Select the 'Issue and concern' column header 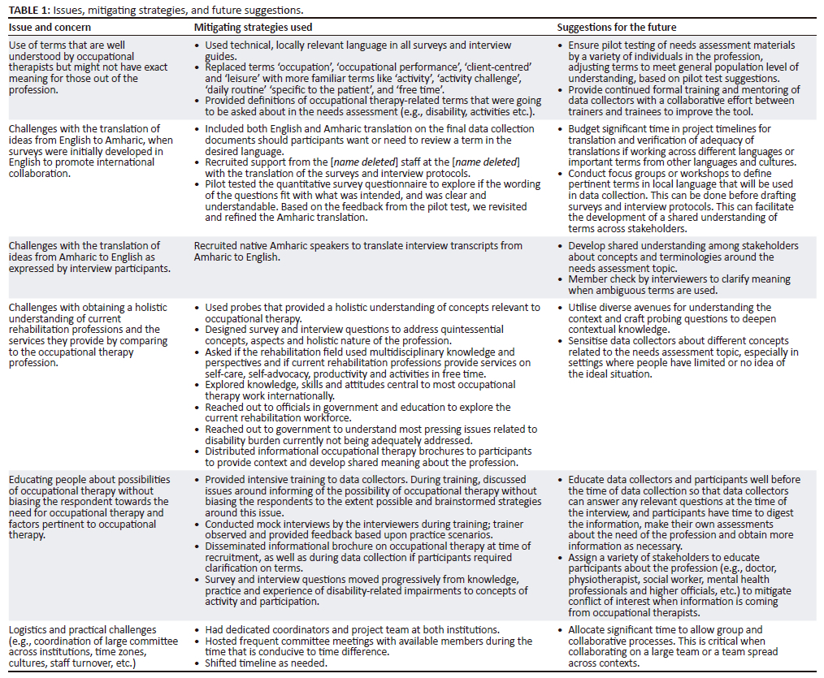tap(46, 27)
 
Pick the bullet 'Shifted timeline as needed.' tap(265, 663)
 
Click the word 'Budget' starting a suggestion tap(587, 129)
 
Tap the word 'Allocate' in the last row tap(589, 630)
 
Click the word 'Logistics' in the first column tap(30, 630)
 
